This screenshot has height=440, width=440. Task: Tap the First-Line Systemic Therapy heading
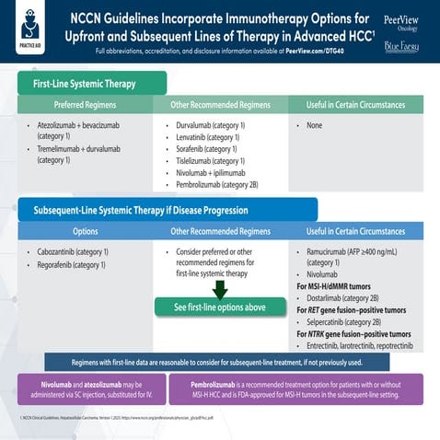point(85,84)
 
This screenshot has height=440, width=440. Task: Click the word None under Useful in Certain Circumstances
point(314,124)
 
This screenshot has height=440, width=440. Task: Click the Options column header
point(85,231)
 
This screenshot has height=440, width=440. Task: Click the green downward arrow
point(218,290)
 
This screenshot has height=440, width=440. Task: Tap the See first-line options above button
point(219,307)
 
